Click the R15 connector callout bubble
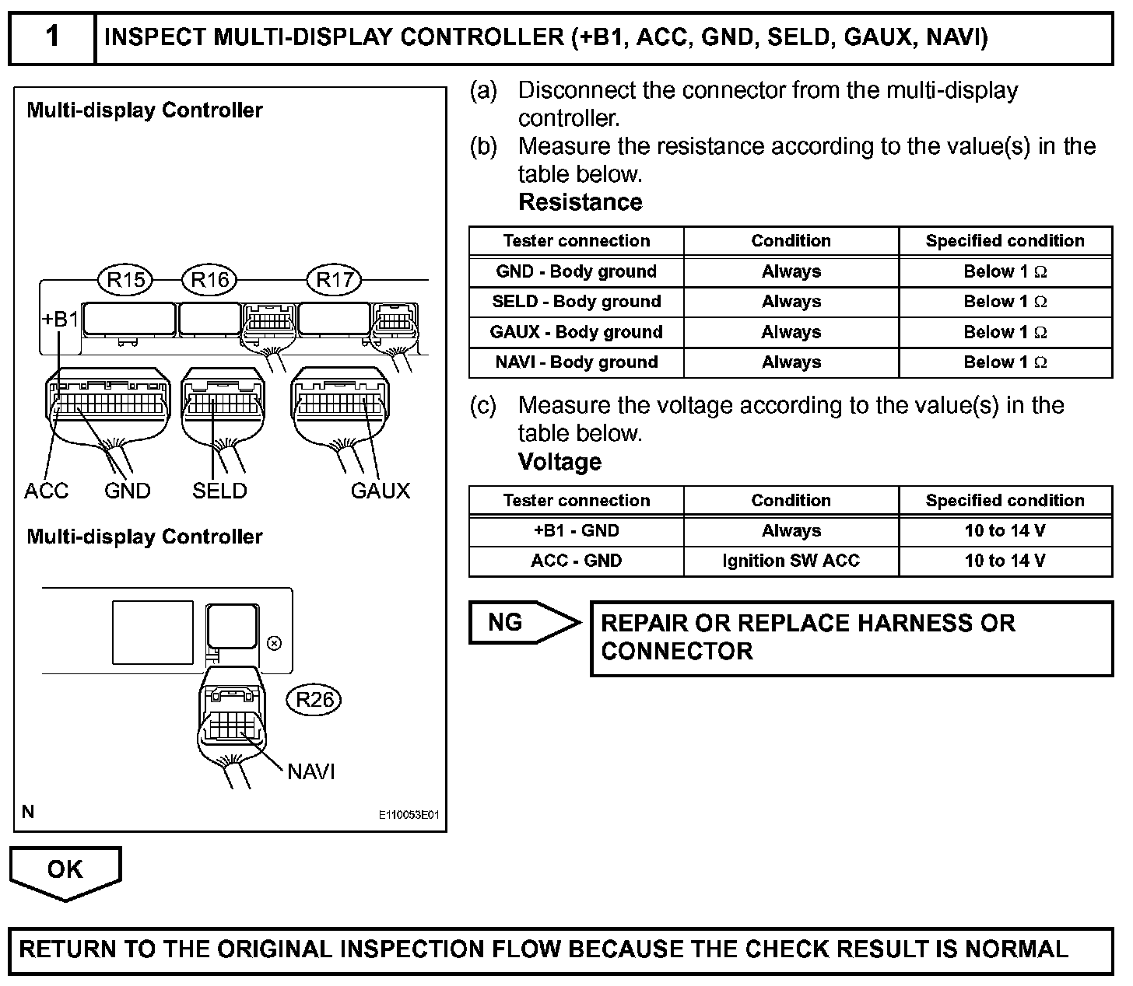click(x=125, y=280)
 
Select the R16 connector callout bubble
click(x=209, y=280)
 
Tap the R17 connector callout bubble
click(x=335, y=280)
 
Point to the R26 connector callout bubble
click(x=314, y=700)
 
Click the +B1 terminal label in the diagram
click(x=60, y=320)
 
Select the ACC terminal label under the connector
click(x=47, y=491)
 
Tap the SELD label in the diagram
click(x=219, y=491)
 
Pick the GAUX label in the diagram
click(x=380, y=491)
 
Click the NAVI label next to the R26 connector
click(x=311, y=771)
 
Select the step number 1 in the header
click(x=52, y=37)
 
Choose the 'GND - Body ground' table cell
click(x=576, y=271)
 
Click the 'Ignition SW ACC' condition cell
click(x=791, y=561)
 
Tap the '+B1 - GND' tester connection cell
click(x=576, y=530)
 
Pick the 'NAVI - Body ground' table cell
click(x=576, y=362)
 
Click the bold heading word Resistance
click(x=580, y=202)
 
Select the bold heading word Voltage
click(x=559, y=462)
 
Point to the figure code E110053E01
click(x=409, y=815)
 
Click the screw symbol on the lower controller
click(x=274, y=643)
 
